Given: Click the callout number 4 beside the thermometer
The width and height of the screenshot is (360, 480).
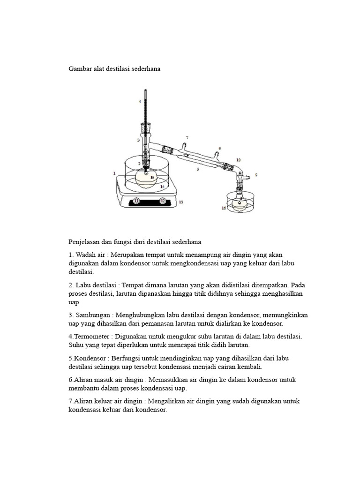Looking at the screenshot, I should pyautogui.click(x=140, y=101).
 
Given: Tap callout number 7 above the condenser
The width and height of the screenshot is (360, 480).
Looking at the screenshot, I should pyautogui.click(x=187, y=137).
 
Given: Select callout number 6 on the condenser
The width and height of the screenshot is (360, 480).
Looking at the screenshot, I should pyautogui.click(x=219, y=148).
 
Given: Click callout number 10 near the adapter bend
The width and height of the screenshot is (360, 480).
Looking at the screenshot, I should pyautogui.click(x=239, y=160).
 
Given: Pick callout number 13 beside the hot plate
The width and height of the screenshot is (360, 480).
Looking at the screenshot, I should pyautogui.click(x=180, y=202).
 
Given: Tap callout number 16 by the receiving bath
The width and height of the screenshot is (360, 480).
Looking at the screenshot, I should pyautogui.click(x=224, y=207).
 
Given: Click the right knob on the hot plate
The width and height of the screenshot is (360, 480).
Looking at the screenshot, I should pyautogui.click(x=162, y=201).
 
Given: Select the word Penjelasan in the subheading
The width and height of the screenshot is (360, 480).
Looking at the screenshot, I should pyautogui.click(x=85, y=242).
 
